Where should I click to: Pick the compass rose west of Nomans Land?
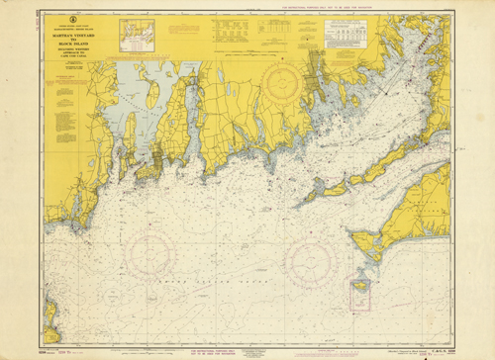[307, 259]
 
